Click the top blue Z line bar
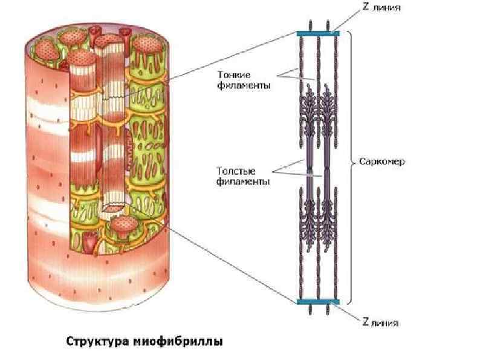pyautogui.click(x=318, y=33)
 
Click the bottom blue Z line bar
pyautogui.click(x=318, y=301)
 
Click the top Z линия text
pyautogui.click(x=381, y=8)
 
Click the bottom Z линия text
pyautogui.click(x=381, y=322)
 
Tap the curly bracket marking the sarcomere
pyautogui.click(x=351, y=162)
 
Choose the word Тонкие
pyautogui.click(x=234, y=76)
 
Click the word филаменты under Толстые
pyautogui.click(x=242, y=181)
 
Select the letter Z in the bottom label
pyautogui.click(x=365, y=322)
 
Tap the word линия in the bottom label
pyautogui.click(x=386, y=322)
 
